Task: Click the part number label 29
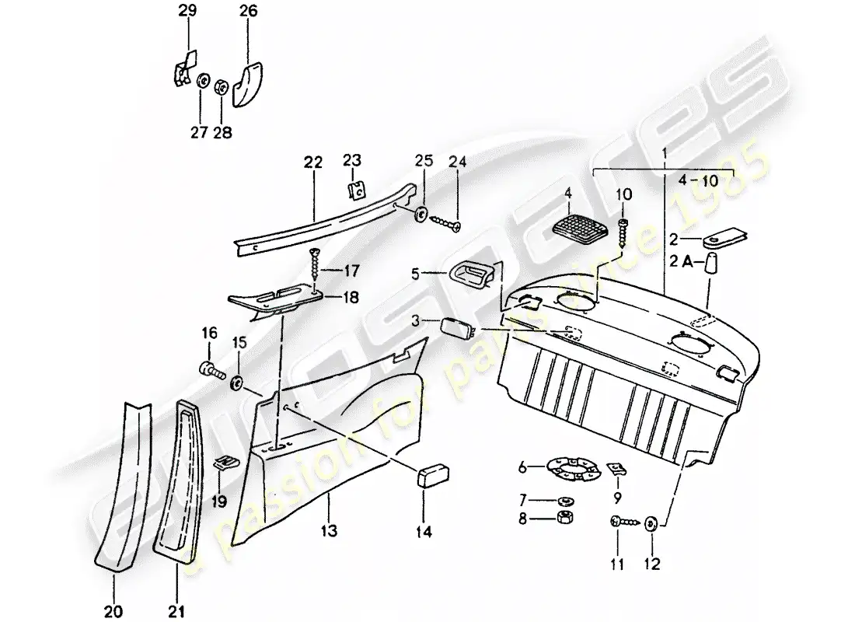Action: coord(187,11)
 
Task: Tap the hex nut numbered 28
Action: coord(221,86)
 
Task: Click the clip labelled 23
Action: coord(357,190)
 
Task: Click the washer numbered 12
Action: coord(651,525)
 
